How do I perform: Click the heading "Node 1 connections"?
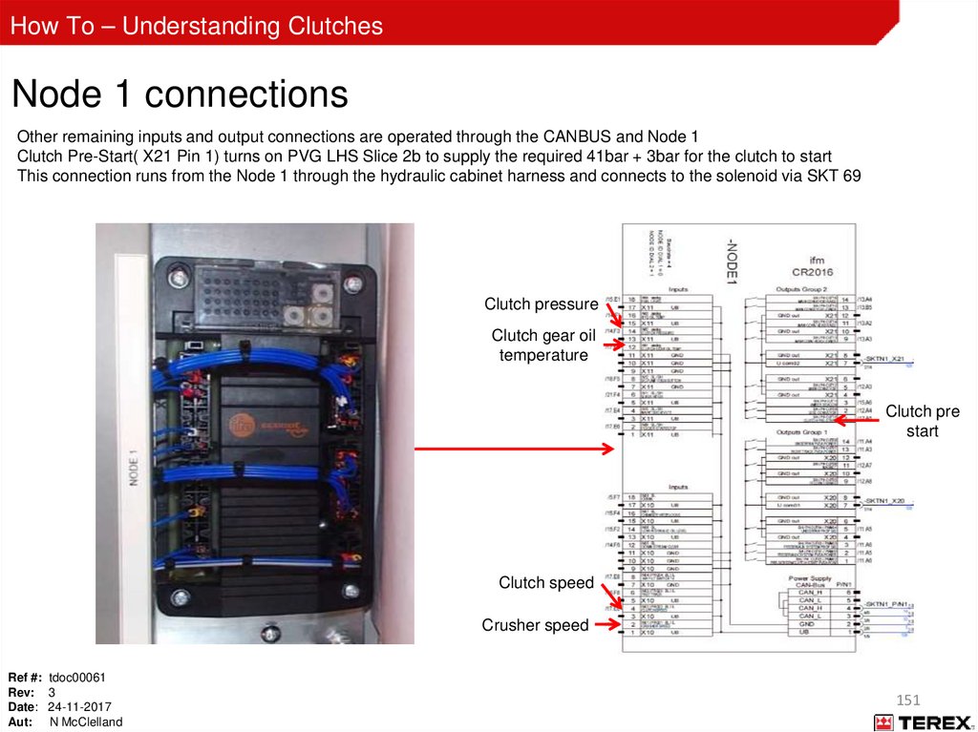180,94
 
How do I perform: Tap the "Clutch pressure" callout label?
541,304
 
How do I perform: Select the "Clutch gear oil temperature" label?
542,345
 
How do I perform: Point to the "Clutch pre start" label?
922,421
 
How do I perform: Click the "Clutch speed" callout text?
545,582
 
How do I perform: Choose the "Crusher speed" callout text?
535,625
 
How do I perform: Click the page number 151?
908,701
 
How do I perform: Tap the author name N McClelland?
86,722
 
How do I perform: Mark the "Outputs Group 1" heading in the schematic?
803,432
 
